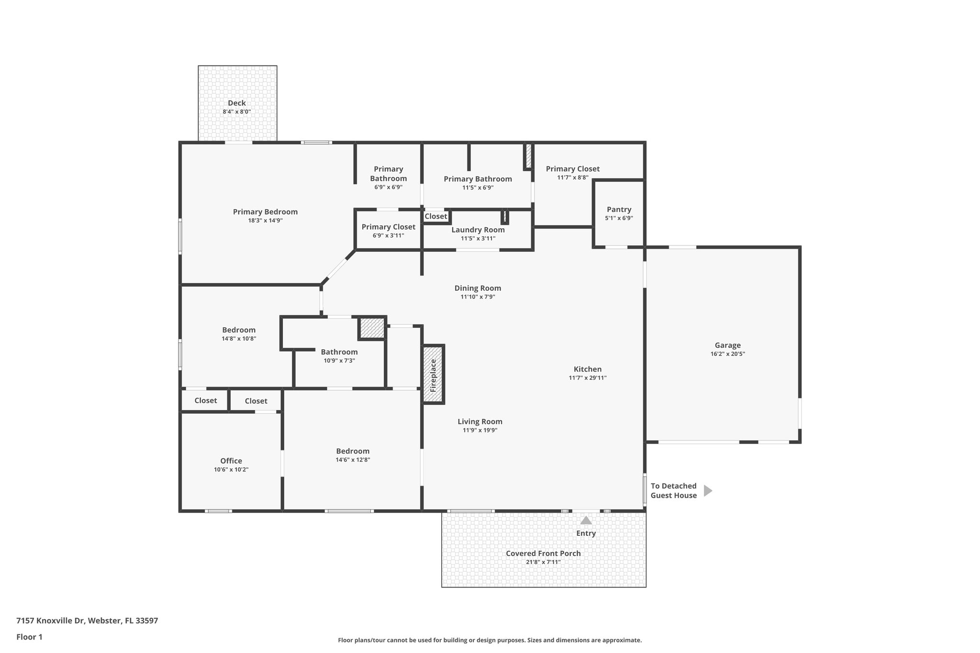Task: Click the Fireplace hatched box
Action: (434, 375)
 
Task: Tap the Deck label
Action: (236, 103)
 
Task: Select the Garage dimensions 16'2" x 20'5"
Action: (727, 354)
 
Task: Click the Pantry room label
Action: (619, 210)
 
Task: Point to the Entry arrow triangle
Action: (586, 520)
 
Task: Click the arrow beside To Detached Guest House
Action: (708, 490)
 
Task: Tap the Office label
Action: (231, 461)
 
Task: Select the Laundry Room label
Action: (478, 230)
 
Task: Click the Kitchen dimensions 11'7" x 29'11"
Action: (588, 378)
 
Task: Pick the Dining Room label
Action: (478, 288)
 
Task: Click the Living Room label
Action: (480, 421)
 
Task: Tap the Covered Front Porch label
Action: (543, 553)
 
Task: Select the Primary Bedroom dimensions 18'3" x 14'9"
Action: (265, 221)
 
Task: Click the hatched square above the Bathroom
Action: (372, 328)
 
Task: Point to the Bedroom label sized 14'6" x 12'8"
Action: (353, 451)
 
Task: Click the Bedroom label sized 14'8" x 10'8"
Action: (239, 330)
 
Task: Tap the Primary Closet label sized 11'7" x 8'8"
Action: (572, 169)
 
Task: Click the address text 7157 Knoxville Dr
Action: (50, 621)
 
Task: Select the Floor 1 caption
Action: (30, 637)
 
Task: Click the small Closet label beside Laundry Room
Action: (435, 216)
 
